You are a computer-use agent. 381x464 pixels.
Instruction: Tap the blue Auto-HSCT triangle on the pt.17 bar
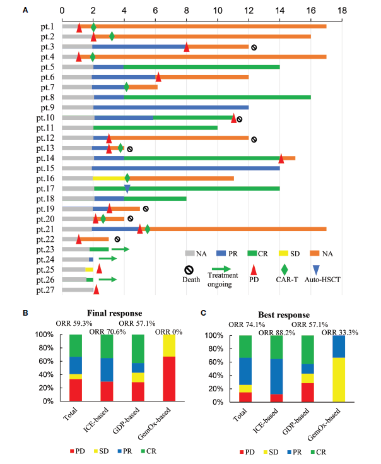point(127,188)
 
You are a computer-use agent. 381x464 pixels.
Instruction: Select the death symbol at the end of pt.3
point(254,47)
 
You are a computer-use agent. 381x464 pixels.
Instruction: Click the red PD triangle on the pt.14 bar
point(281,158)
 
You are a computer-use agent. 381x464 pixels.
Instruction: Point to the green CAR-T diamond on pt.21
point(147,229)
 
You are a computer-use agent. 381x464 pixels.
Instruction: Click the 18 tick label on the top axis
point(342,11)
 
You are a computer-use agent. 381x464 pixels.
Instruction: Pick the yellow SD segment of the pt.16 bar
point(108,178)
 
